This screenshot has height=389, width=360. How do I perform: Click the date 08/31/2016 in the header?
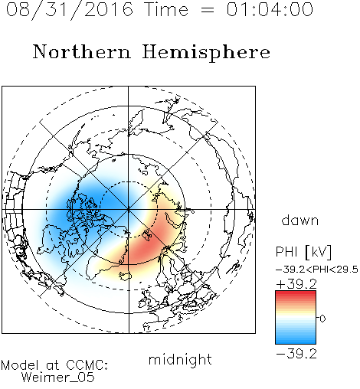pos(70,10)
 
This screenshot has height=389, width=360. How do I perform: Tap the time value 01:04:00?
pos(270,9)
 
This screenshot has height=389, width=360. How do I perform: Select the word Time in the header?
pos(166,9)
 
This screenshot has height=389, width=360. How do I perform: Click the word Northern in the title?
pos(82,52)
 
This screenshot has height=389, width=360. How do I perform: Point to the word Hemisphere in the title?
pos(206,53)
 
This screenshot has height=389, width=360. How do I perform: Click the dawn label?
pos(300,220)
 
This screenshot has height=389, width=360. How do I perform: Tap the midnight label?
pos(180,361)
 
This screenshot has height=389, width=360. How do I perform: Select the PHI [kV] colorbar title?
pos(303,252)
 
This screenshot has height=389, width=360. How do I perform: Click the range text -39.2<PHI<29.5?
pos(317,270)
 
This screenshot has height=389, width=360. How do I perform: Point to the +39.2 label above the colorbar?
pos(296,283)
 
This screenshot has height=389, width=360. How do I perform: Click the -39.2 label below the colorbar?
pos(296,354)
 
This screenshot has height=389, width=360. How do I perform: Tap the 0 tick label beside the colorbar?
pos(322,319)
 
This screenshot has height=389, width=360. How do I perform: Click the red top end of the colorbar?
pos(296,293)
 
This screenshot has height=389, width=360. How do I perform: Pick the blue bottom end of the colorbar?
pos(296,342)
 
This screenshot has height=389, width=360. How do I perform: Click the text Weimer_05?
pos(58,378)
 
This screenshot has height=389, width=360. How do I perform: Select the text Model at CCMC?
pos(54,365)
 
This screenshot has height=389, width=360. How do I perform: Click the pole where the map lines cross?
pos(129,209)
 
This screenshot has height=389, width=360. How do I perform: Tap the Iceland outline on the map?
pos(126,276)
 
